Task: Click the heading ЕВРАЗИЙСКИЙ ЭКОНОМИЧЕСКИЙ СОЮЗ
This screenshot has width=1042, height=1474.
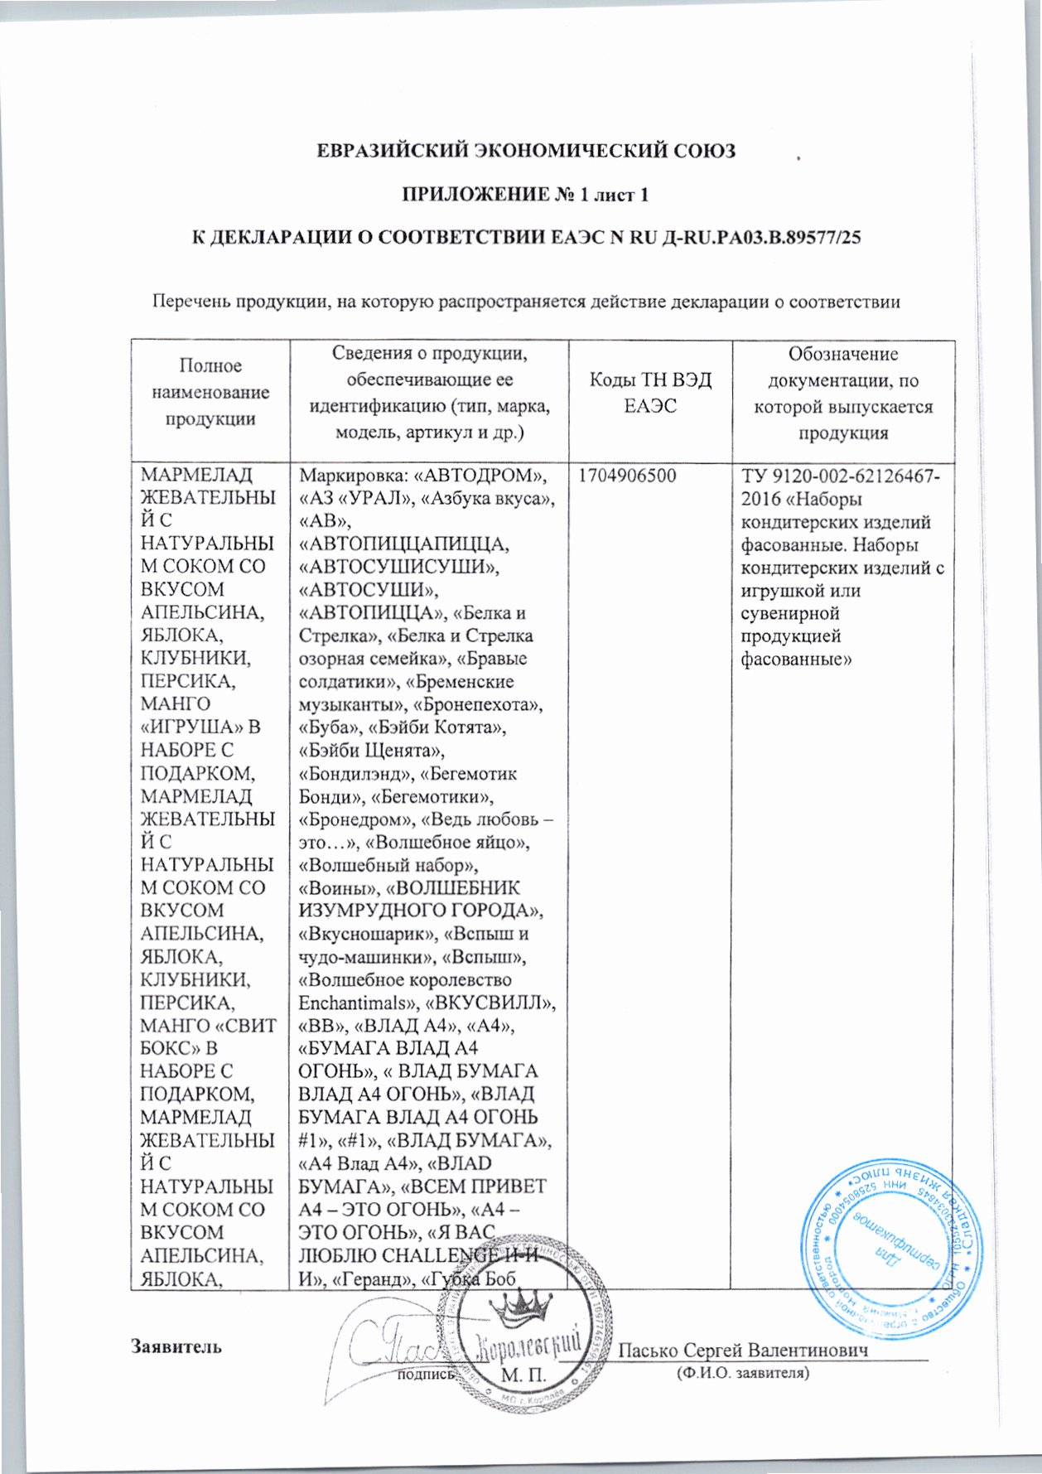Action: click(x=528, y=152)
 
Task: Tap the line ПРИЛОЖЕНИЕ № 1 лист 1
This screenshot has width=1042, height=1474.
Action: click(x=524, y=196)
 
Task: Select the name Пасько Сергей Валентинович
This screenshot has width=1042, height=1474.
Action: click(x=744, y=1351)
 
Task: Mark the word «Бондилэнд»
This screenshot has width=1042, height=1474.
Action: click(x=355, y=775)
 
